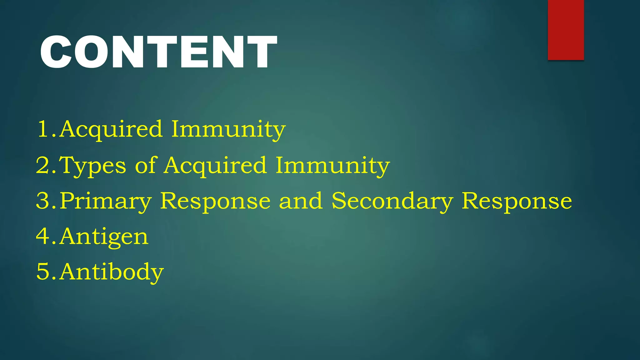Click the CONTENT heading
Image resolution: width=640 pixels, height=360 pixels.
[x=158, y=52]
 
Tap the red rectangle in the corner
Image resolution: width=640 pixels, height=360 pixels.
[x=566, y=30]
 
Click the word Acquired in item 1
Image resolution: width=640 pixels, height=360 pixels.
[x=111, y=129]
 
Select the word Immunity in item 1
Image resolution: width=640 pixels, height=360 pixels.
[x=228, y=129]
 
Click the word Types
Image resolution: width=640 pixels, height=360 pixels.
[x=93, y=166]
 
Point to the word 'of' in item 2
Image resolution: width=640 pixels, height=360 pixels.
[x=145, y=165]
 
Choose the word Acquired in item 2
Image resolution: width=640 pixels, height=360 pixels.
[x=216, y=166]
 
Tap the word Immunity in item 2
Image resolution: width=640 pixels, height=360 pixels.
[x=333, y=166]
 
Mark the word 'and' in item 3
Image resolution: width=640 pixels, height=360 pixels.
[x=301, y=201]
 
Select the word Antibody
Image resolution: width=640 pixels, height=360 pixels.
[x=112, y=272]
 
